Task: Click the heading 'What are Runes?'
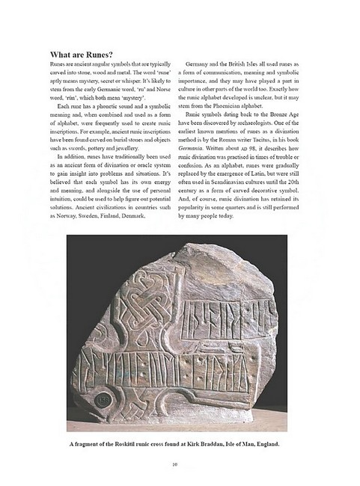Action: (82, 55)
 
